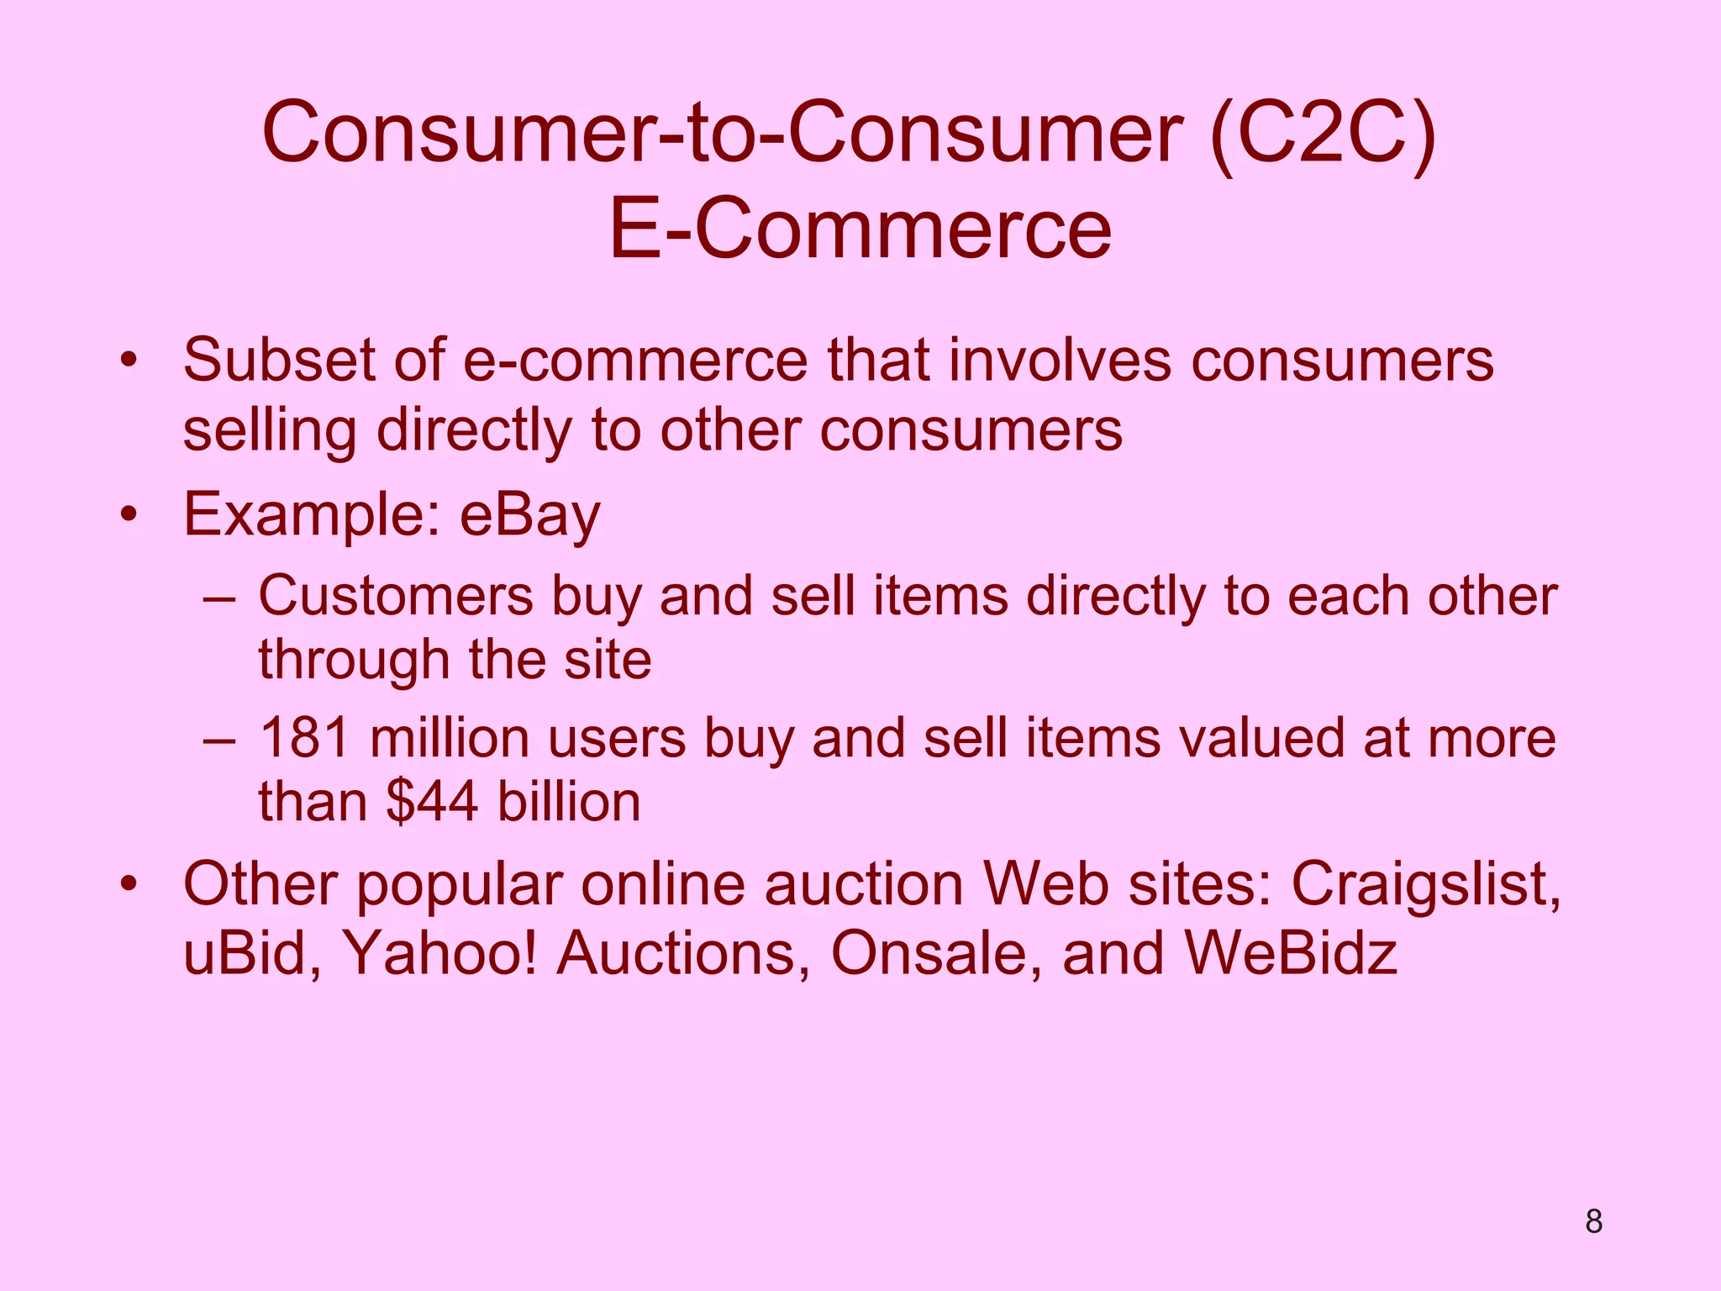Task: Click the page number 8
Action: pos(1593,1221)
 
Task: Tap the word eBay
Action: pos(530,514)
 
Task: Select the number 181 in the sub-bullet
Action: pos(303,738)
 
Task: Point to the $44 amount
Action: pos(432,801)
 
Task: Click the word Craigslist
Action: pos(1425,885)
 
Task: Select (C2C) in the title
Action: pos(1322,133)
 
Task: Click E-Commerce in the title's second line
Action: pos(860,229)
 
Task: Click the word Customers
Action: pos(395,597)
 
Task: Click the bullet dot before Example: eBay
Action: pos(128,514)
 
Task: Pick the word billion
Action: pos(569,801)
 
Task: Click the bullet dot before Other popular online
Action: pos(128,885)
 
